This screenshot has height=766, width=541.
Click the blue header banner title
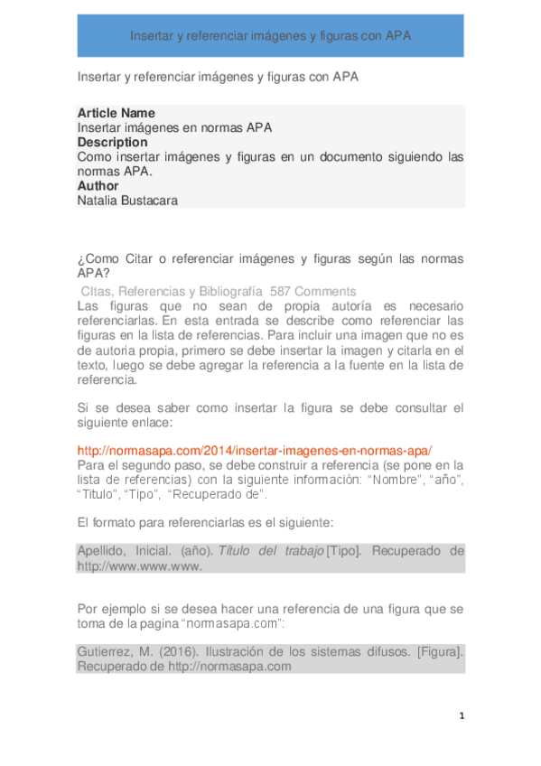pyautogui.click(x=271, y=37)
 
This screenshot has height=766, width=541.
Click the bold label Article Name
pyautogui.click(x=117, y=113)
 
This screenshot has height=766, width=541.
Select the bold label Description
pyautogui.click(x=112, y=142)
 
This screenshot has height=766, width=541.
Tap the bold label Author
pyautogui.click(x=98, y=186)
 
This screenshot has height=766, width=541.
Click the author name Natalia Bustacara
pyautogui.click(x=127, y=201)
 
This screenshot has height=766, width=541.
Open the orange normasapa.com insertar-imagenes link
pyautogui.click(x=255, y=450)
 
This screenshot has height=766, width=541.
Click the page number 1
pyautogui.click(x=462, y=716)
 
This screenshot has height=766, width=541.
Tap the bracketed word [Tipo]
pyautogui.click(x=344, y=551)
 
